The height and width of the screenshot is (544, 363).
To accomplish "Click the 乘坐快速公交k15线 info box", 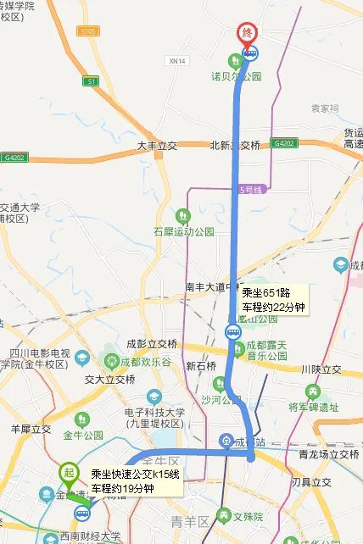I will (135, 481).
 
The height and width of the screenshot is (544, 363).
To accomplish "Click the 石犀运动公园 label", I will (184, 231).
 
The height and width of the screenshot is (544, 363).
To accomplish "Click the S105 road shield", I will (87, 31).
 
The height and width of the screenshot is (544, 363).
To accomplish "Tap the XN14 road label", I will (176, 60).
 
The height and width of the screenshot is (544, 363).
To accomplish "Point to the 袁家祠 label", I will (324, 108).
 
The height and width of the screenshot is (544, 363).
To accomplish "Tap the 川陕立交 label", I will (321, 369).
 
